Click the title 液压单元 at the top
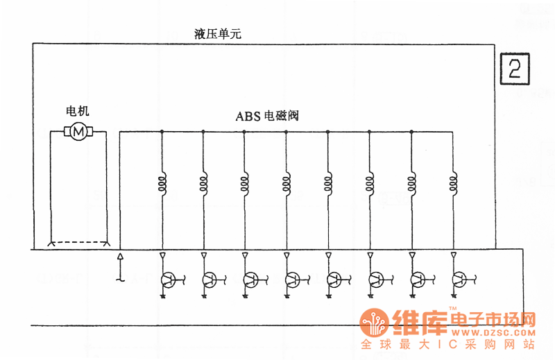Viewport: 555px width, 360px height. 217,33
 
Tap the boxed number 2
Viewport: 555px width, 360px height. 515,69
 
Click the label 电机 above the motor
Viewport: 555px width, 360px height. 77,111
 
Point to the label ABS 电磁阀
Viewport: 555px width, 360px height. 266,116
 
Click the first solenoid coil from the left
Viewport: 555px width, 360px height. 162,183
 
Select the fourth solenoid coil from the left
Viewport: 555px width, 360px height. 287,183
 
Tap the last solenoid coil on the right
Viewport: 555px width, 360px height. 453,183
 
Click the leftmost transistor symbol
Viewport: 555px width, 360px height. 167,280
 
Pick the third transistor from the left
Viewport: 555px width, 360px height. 250,280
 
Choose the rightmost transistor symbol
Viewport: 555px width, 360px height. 459,280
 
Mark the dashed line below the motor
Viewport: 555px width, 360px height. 78,242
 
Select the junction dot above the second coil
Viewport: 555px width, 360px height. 203,131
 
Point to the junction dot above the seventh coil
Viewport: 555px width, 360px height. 411,131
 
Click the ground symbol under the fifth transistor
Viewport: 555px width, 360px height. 329,296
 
